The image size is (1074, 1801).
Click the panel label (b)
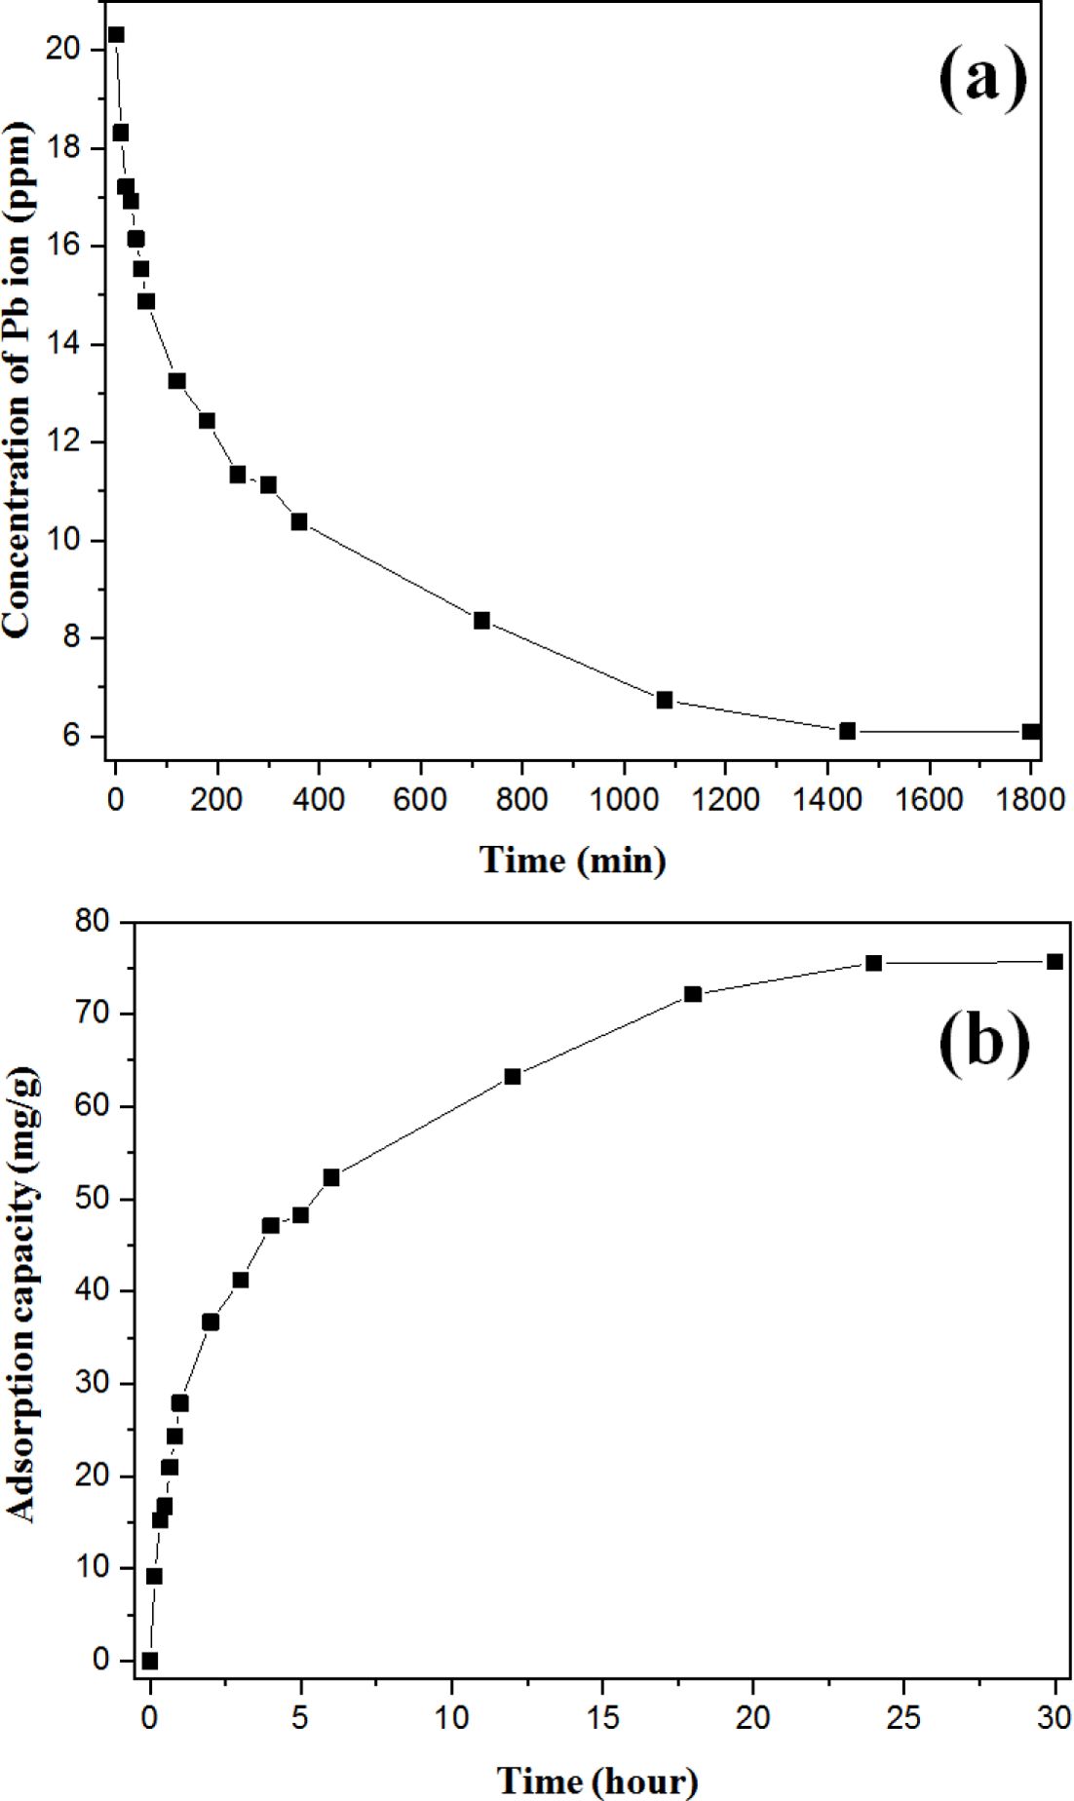click(x=983, y=1044)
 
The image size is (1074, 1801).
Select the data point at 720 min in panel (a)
click(x=481, y=621)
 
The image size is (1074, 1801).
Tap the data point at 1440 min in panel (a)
click(x=847, y=731)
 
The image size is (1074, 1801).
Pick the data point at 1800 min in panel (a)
click(x=1031, y=731)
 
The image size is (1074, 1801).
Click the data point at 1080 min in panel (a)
click(x=665, y=700)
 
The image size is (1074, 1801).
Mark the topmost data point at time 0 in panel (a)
click(x=116, y=35)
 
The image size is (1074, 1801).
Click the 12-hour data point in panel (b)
click(x=513, y=1077)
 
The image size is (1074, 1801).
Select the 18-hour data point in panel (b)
click(x=693, y=994)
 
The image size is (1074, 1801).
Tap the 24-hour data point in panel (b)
click(x=873, y=963)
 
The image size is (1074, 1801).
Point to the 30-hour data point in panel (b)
click(x=1055, y=962)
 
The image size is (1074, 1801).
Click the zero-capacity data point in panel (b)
click(x=149, y=1661)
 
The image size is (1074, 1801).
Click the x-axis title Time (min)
click(x=573, y=861)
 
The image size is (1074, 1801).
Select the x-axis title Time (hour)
click(x=597, y=1781)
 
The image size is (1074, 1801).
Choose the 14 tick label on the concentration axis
click(x=67, y=345)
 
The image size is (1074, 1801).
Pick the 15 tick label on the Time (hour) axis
click(x=602, y=1718)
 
